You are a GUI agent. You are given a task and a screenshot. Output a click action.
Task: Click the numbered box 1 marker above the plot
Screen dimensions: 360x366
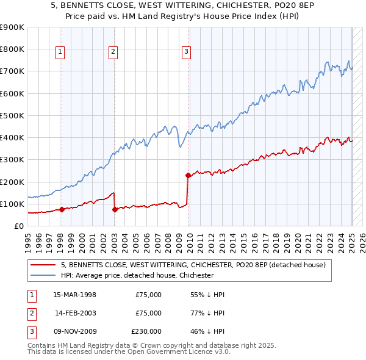61,52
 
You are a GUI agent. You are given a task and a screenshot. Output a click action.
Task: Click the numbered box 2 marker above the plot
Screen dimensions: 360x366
113,52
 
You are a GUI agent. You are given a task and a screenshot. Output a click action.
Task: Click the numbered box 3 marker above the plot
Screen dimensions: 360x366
185,52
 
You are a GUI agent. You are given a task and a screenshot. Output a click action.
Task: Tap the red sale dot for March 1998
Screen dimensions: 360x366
62,209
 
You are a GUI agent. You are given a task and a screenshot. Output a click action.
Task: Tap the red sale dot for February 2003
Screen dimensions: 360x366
115,209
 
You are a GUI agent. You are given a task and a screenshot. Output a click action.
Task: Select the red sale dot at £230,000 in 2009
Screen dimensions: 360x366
188,175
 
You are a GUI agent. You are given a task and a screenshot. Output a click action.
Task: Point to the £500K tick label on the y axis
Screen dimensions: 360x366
12,115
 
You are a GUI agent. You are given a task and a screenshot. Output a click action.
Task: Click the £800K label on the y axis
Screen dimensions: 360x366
12,49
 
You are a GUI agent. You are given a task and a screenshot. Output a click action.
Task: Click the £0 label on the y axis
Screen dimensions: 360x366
18,226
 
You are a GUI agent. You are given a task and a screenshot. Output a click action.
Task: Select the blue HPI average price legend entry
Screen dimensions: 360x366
137,275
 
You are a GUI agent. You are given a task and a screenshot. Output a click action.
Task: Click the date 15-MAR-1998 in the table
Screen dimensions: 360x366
75,295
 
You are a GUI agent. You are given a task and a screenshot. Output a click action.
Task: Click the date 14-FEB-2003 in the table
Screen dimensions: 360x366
75,313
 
